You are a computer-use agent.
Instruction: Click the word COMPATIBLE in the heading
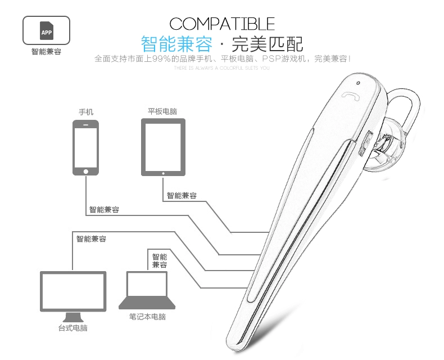(222, 24)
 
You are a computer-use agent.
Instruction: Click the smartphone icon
(85, 148)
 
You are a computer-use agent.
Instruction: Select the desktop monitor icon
(73, 296)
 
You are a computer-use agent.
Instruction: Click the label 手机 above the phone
(85, 111)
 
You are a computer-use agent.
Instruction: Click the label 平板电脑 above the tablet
(162, 111)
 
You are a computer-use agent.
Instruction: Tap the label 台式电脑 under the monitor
(73, 328)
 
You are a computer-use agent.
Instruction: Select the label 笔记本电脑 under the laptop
(147, 317)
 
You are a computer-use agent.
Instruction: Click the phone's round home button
(85, 171)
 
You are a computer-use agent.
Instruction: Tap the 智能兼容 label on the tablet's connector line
(182, 196)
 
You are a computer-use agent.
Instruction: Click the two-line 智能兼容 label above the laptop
(160, 260)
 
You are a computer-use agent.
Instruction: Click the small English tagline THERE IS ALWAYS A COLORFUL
(222, 68)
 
